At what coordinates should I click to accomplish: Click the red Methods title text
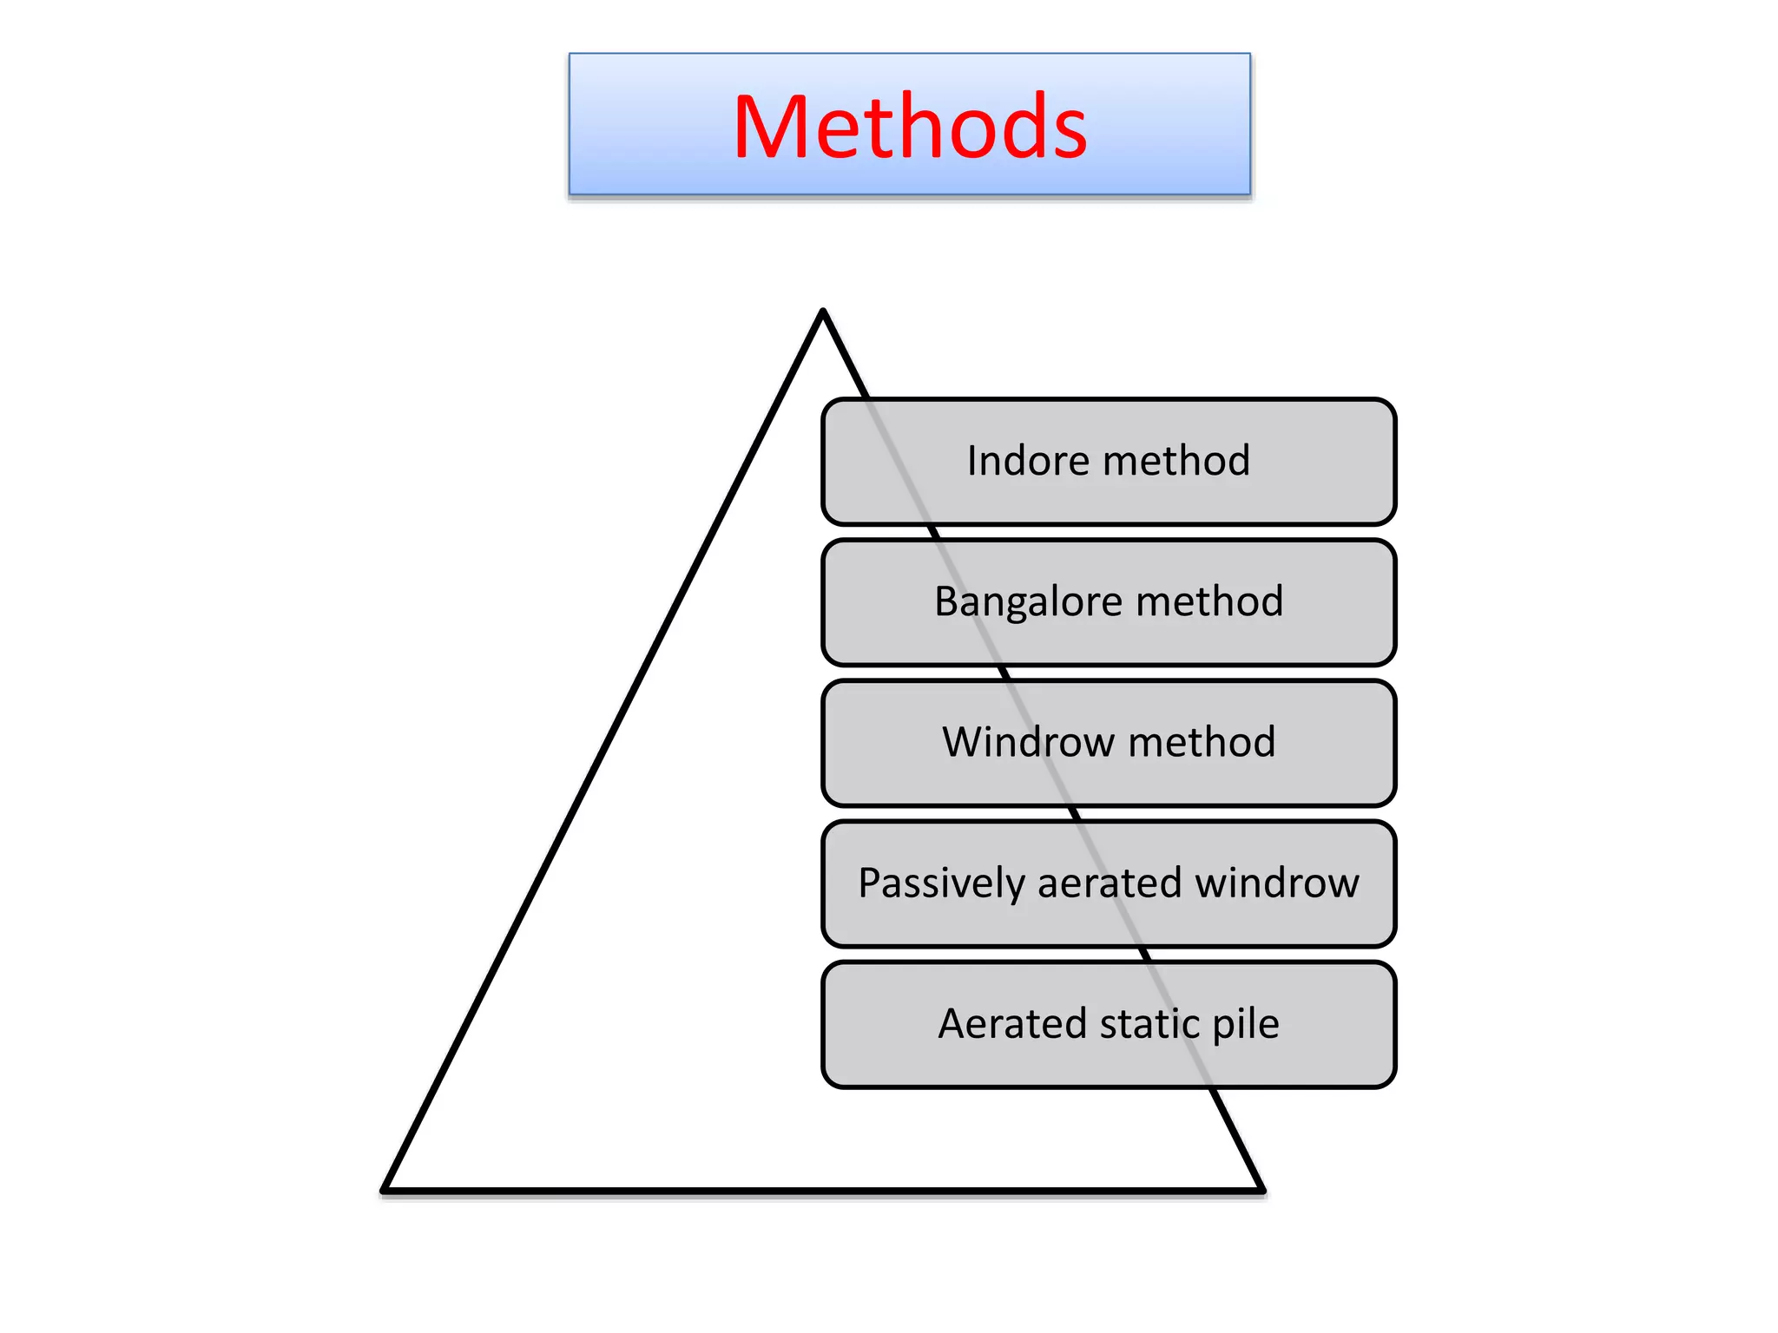pyautogui.click(x=909, y=128)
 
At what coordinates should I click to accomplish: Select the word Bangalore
pyautogui.click(x=1028, y=602)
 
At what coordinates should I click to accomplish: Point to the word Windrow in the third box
pyautogui.click(x=1028, y=743)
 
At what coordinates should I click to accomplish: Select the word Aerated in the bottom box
pyautogui.click(x=1011, y=1024)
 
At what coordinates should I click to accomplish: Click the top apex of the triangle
pyautogui.click(x=823, y=312)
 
